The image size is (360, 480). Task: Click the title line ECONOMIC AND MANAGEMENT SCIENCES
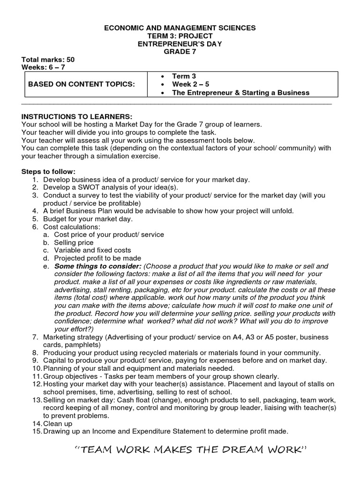pos(180,28)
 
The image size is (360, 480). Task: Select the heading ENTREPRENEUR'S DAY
pos(180,44)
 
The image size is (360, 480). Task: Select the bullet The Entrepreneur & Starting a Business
pos(240,92)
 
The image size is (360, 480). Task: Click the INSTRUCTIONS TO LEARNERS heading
pos(77,116)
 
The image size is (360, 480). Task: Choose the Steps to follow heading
pos(48,172)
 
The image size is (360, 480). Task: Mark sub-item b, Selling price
pos(74,242)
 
